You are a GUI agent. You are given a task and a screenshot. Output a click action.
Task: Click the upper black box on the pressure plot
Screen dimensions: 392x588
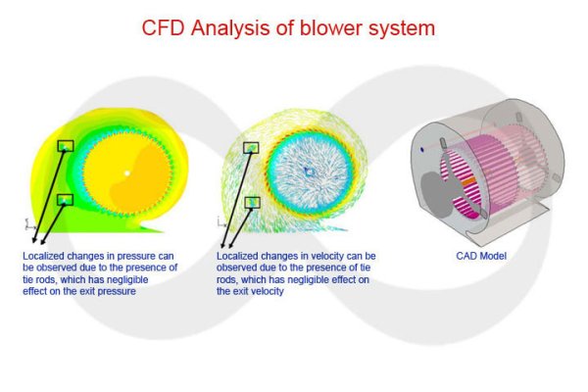click(x=66, y=146)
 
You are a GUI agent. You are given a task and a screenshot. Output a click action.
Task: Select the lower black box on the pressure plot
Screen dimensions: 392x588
click(x=65, y=200)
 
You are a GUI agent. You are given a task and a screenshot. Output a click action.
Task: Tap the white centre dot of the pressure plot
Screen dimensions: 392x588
click(x=126, y=174)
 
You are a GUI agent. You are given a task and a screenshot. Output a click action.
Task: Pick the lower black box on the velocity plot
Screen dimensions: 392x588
click(x=252, y=202)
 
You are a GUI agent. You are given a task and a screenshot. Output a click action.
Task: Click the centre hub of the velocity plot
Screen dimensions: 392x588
click(x=310, y=172)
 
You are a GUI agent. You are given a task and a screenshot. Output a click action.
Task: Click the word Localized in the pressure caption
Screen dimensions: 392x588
click(x=42, y=256)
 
